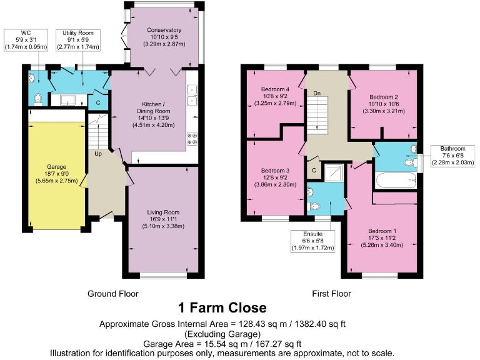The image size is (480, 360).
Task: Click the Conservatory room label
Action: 164,30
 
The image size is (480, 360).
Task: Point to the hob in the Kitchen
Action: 192,139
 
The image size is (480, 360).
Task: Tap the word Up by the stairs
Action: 99,153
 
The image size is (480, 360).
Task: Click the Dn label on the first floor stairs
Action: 317,93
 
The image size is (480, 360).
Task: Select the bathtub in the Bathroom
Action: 395,182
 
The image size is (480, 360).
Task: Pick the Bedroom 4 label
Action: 275,89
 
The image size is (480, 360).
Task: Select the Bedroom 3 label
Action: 275,171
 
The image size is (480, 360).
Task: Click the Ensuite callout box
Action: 313,241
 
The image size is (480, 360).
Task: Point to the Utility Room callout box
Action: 77,39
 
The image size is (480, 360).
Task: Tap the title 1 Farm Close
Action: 222,308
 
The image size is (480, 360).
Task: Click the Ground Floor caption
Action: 113,293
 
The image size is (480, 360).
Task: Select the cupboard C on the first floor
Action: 314,170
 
